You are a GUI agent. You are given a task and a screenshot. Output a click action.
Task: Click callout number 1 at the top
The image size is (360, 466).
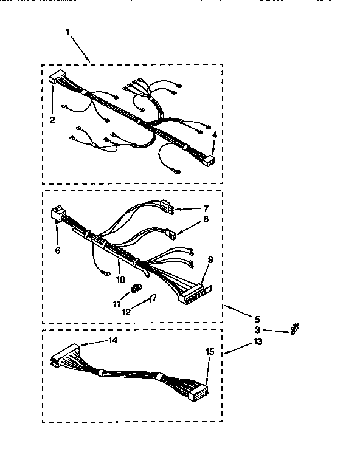click(68, 31)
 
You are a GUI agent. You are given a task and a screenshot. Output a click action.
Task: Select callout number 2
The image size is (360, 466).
click(52, 120)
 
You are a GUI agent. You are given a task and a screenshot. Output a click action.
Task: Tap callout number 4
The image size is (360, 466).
click(214, 134)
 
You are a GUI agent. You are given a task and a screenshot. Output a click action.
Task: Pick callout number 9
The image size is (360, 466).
click(210, 259)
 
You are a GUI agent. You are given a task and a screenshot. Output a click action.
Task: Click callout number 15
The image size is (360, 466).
click(210, 351)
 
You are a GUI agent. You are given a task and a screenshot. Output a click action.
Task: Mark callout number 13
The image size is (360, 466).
click(257, 342)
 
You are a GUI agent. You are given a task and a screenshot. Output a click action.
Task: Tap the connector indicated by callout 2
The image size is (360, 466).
click(58, 78)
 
